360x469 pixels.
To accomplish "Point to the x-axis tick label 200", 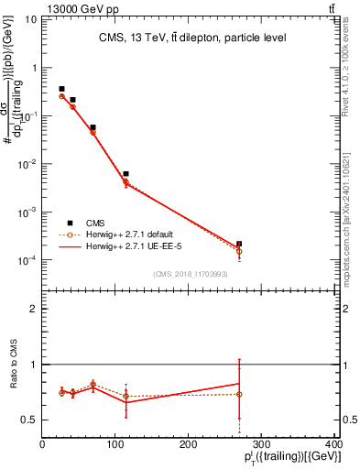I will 189,443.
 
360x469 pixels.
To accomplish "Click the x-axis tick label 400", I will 334,443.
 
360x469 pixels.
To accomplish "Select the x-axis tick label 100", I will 115,443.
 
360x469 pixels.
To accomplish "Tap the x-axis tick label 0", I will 42,443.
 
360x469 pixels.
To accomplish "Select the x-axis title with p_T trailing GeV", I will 287,457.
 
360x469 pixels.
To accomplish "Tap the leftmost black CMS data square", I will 61,89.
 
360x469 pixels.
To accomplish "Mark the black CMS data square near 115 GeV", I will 125,173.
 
